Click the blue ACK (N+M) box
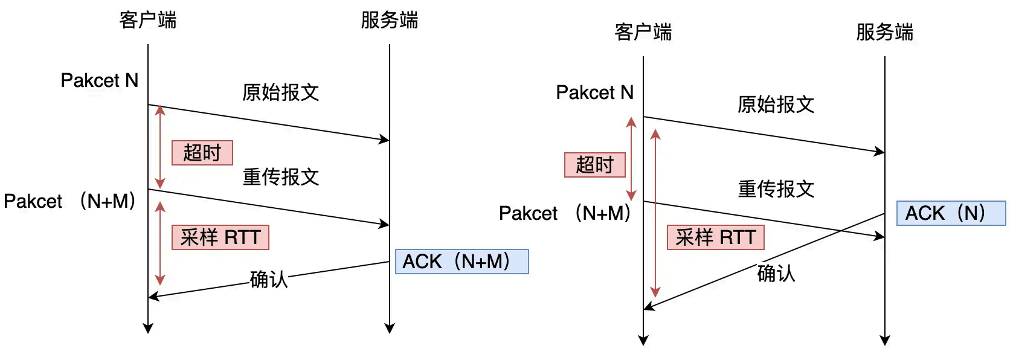461,262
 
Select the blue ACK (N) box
951,213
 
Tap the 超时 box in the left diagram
202,153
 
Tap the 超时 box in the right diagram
594,165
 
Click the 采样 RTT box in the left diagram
220,237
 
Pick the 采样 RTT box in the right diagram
715,237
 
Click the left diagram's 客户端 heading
148,20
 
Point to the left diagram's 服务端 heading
390,20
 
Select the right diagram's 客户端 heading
643,32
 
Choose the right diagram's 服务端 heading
885,32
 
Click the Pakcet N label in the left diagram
100,80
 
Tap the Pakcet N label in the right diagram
595,92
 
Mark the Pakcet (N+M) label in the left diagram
69,201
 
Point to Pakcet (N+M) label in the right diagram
565,213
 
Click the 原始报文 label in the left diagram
281,92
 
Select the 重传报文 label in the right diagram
776,189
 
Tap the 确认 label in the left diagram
269,279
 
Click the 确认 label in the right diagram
776,273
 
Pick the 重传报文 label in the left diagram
281,177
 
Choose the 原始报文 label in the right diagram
776,104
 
